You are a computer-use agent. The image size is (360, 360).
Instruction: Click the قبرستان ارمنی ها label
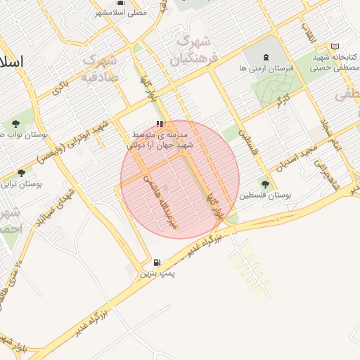coord(265,68)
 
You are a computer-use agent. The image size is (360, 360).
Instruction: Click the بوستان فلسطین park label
coord(265,195)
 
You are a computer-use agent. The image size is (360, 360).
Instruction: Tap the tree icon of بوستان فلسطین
coord(265,184)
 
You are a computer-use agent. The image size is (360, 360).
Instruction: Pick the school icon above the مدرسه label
coord(159,123)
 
